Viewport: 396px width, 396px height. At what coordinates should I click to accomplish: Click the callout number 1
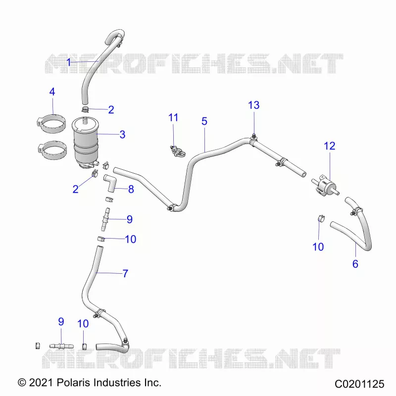coord(69,62)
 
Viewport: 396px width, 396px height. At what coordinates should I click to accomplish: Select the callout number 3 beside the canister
coord(122,135)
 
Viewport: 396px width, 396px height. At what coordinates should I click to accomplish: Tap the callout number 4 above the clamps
coord(52,92)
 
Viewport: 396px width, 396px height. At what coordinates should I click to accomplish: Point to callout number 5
coord(204,121)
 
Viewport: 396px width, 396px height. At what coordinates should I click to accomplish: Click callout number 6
coord(355,264)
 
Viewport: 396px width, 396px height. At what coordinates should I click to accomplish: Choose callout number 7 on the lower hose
coord(126,274)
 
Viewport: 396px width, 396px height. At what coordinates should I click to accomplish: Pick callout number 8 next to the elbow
coord(131,189)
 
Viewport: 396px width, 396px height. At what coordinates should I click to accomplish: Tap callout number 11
coord(173,118)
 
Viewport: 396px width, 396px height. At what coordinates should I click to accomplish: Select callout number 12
coord(330,146)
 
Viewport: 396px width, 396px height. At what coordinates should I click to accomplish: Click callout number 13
coord(254,105)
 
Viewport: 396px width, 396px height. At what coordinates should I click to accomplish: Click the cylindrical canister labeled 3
coord(86,142)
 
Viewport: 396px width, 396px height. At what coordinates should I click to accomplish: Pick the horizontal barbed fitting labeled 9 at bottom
coord(61,346)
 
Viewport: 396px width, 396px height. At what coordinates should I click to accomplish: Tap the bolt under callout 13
coord(254,137)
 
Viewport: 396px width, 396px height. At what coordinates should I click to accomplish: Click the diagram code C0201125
coord(359,384)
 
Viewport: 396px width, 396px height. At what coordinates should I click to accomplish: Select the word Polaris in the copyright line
coord(73,383)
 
